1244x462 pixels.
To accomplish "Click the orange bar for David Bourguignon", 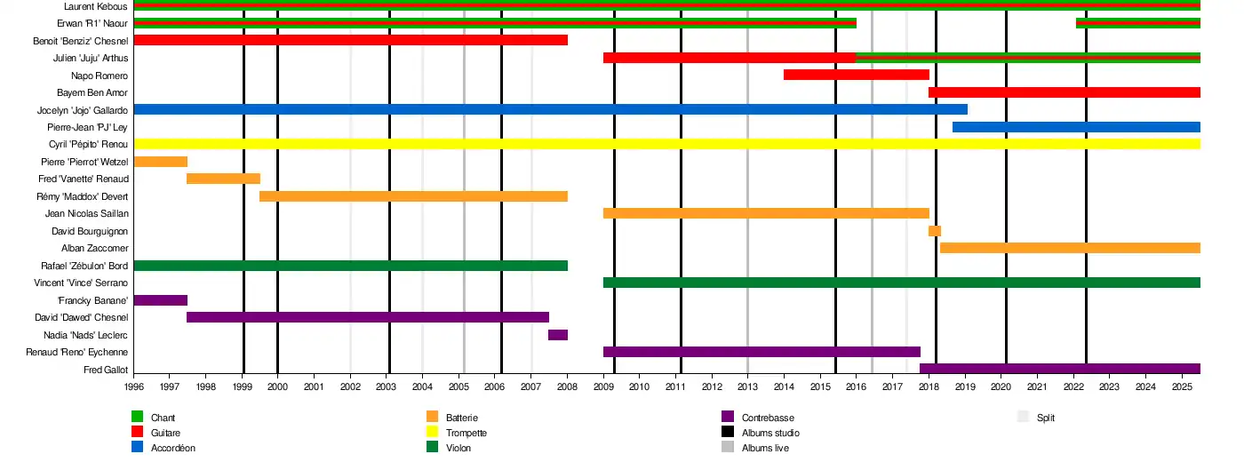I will coord(935,231).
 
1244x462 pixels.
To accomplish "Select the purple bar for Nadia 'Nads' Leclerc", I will coord(558,335).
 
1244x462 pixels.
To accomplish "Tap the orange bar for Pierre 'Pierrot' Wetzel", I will coord(160,162).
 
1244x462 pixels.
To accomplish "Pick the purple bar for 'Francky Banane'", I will coord(160,300).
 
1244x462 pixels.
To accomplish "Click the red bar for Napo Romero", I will coord(856,75).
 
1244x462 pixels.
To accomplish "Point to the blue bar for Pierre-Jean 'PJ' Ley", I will coord(1076,127).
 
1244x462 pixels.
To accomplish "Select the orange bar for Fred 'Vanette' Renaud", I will coord(223,179).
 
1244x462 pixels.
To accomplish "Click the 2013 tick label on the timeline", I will coord(747,387).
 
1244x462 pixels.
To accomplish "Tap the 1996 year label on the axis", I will coord(134,387).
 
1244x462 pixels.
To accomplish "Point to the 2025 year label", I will coord(1182,387).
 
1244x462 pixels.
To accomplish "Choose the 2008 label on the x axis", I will coord(567,387).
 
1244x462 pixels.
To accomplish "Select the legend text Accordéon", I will coord(173,448).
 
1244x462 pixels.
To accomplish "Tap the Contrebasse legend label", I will coord(768,418).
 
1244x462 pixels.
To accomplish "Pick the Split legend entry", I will coord(1046,418).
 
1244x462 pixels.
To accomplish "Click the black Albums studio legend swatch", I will coord(728,433).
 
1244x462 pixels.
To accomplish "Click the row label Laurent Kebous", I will coord(96,7).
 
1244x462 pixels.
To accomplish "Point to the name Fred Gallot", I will coord(106,370).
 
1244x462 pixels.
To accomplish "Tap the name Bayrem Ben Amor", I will coord(92,92).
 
